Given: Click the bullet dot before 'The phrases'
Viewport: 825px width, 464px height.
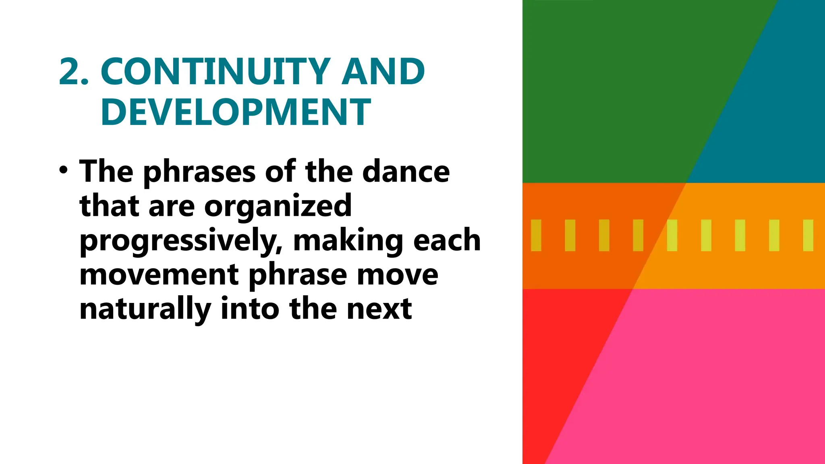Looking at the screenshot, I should click(63, 170).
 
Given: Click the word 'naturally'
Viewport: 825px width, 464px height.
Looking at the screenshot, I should click(145, 310).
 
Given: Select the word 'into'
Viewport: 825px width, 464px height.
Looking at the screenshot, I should click(250, 309).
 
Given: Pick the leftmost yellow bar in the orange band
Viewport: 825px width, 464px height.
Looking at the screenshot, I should click(536, 235).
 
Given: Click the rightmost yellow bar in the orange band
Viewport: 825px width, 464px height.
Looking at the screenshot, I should click(808, 235).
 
